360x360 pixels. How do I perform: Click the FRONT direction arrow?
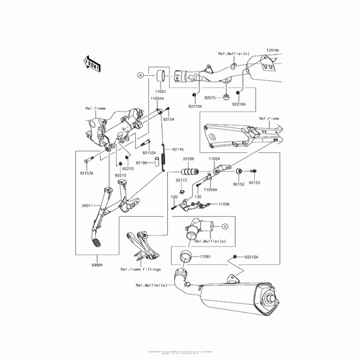91,63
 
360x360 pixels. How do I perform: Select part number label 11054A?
157,98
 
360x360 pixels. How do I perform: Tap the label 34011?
87,206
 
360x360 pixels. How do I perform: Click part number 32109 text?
188,159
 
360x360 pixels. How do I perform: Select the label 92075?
211,97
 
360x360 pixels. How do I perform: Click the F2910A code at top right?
272,50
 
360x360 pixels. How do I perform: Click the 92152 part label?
239,183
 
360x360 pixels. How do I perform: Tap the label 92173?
181,180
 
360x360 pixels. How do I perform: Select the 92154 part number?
168,120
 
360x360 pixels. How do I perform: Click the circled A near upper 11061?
140,76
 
